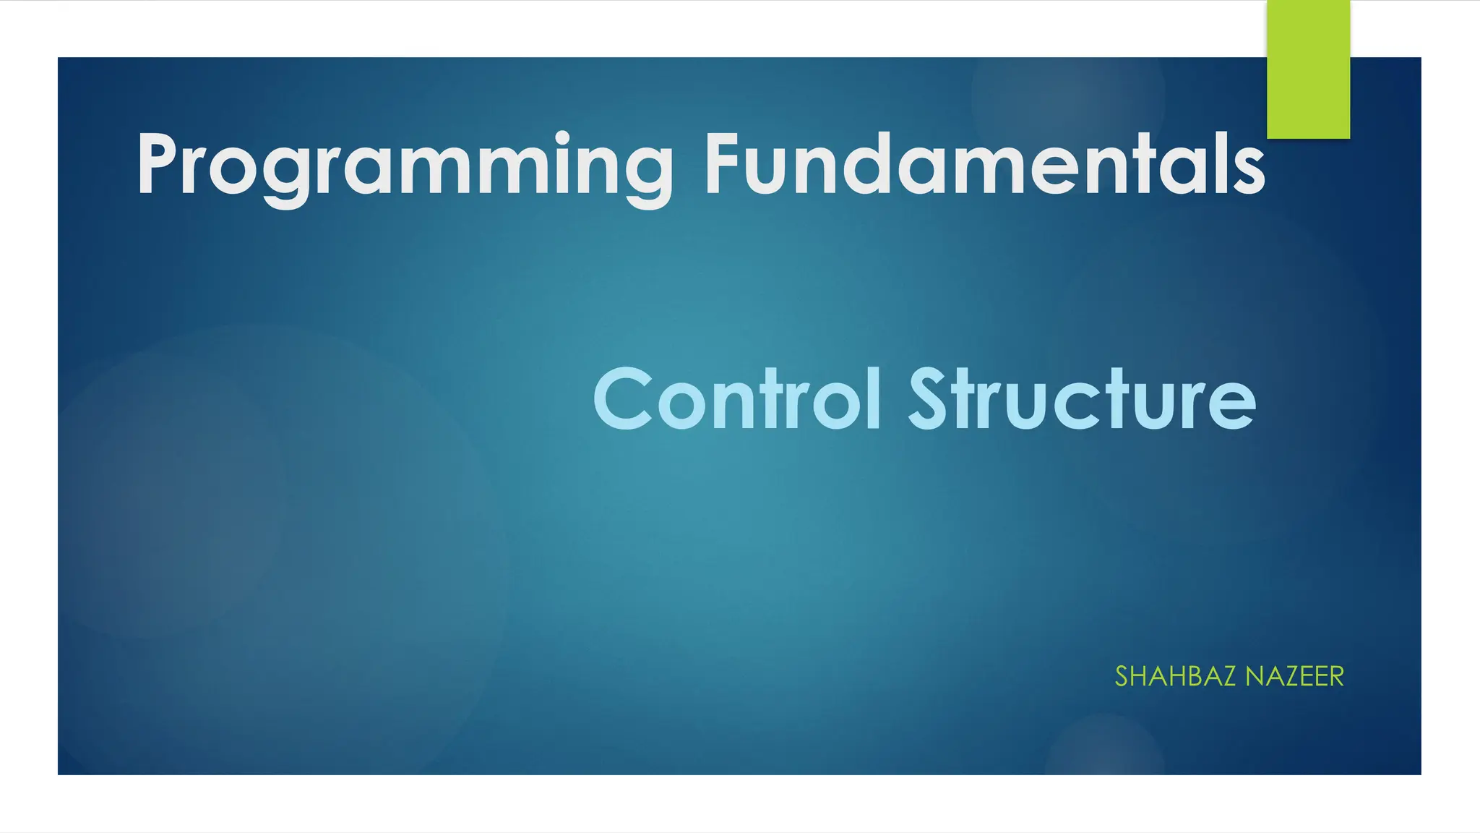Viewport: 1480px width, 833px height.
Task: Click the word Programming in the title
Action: (x=405, y=166)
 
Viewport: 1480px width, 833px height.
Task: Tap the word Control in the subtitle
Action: (x=737, y=399)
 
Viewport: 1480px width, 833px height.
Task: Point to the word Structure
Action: (x=1082, y=399)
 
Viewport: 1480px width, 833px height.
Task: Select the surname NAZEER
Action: (x=1294, y=677)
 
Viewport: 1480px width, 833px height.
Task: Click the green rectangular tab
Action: (x=1308, y=69)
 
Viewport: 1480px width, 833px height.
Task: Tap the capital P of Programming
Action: (x=157, y=165)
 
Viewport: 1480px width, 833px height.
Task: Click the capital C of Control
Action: (x=621, y=399)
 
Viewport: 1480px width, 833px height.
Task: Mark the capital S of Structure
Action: (x=928, y=399)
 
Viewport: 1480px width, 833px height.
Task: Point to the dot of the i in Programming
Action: (x=562, y=137)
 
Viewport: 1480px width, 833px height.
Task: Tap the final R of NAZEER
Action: (x=1335, y=677)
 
